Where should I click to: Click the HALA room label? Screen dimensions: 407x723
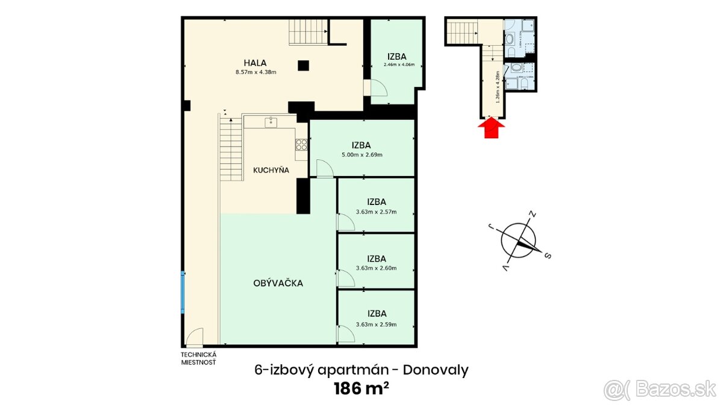pos(255,62)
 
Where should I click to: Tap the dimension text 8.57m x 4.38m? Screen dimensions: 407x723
pos(255,72)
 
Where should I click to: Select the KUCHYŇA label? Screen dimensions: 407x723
pos(271,170)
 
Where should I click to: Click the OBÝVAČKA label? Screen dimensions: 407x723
pos(278,283)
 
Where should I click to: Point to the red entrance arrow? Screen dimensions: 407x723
pos(492,128)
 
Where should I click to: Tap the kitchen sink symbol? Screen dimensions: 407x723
pos(271,122)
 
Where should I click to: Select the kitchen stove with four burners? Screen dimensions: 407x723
pos(301,145)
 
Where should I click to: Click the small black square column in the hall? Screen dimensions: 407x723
pos(304,65)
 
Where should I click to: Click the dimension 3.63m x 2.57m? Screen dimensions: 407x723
pos(376,212)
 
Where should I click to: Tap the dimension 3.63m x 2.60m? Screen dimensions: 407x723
pos(376,268)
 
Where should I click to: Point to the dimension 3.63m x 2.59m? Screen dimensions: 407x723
pos(376,324)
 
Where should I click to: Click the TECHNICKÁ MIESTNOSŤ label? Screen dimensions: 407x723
pos(198,358)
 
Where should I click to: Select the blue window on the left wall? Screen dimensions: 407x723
pos(182,292)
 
